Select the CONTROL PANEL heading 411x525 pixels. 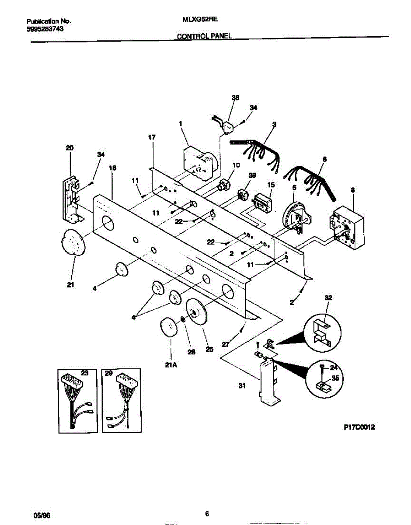tap(204, 37)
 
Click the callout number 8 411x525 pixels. tap(353, 190)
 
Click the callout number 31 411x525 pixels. tap(241, 386)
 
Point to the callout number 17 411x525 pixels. tap(151, 138)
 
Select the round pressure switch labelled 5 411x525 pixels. tap(297, 217)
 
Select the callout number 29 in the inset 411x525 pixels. tap(109, 373)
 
